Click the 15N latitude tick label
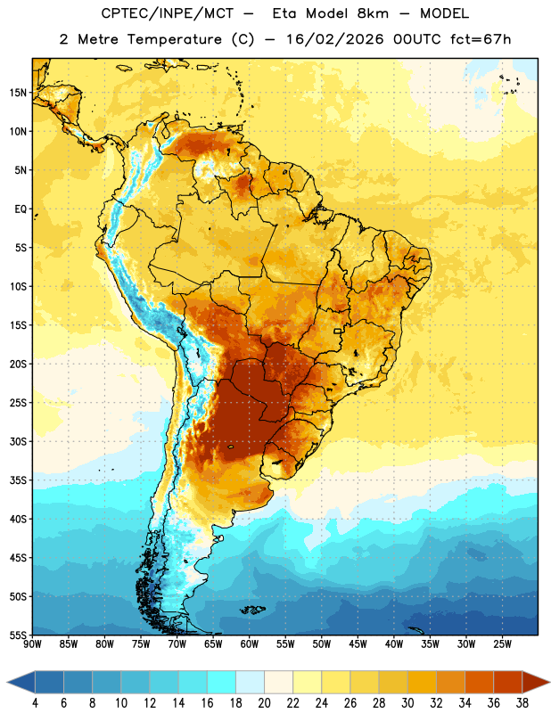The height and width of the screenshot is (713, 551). pos(18,93)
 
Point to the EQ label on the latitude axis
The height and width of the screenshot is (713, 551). pos(21,209)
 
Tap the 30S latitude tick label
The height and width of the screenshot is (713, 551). pos(18,441)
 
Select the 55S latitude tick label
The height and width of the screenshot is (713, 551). pos(18,635)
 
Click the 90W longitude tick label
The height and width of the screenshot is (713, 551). pos(32,643)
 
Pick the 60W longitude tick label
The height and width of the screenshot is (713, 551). pos(250,643)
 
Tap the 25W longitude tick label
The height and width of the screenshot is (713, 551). pos(502,643)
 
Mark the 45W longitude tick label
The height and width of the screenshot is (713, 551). pos(358,643)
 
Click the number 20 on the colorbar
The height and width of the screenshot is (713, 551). pos(264,703)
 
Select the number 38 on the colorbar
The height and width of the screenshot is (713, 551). pos(522,703)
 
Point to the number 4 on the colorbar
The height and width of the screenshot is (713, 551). pos(35,703)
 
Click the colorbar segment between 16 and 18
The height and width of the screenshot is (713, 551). pos(221,682)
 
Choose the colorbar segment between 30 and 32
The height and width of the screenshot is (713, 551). pos(422,682)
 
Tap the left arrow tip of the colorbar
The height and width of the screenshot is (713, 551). pos(7,682)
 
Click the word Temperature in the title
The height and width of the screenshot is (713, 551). pos(174,39)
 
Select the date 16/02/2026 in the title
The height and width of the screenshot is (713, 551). pos(335,39)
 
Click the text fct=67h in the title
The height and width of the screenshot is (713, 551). pos(481,39)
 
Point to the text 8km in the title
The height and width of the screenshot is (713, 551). pos(373,13)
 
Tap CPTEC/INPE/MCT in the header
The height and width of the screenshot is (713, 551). pos(168,13)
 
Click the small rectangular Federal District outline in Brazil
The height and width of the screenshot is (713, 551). pos(338,331)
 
